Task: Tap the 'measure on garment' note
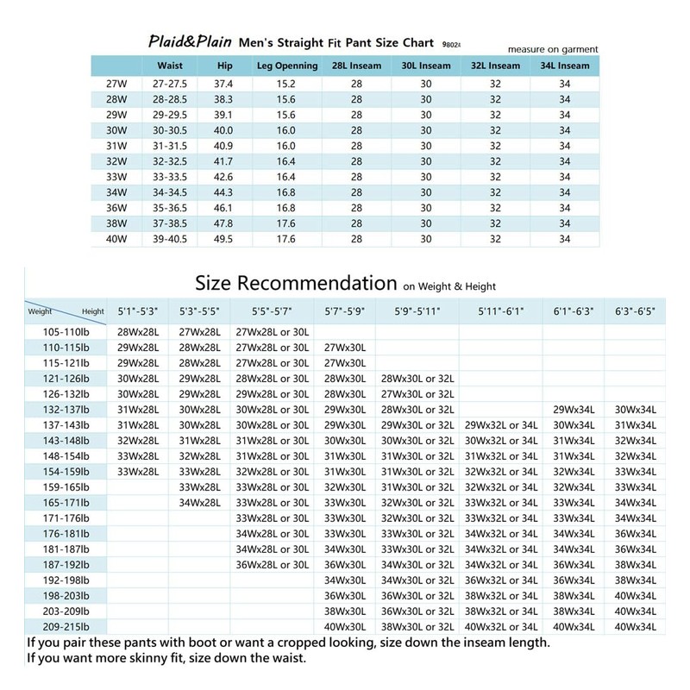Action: (553, 49)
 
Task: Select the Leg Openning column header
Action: (287, 66)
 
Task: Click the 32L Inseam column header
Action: (496, 66)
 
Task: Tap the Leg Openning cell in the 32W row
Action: (287, 160)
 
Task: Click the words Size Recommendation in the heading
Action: (295, 283)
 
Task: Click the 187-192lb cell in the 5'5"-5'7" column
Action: (272, 565)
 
